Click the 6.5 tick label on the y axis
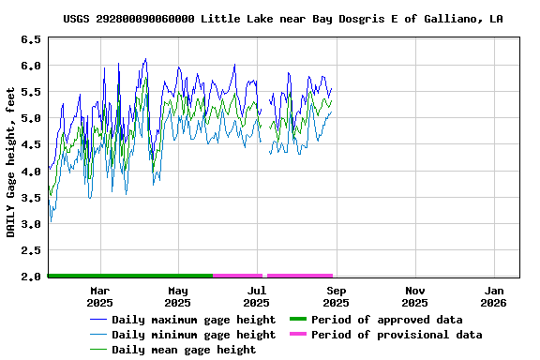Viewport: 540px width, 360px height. pyautogui.click(x=31, y=39)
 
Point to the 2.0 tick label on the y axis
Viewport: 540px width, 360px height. pyautogui.click(x=31, y=277)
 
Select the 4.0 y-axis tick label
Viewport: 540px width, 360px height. pyautogui.click(x=31, y=171)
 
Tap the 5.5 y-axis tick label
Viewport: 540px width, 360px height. pyautogui.click(x=31, y=92)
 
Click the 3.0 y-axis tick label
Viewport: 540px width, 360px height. pyautogui.click(x=31, y=224)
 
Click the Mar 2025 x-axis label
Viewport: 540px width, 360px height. pyautogui.click(x=99, y=296)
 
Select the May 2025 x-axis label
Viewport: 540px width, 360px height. pyautogui.click(x=178, y=296)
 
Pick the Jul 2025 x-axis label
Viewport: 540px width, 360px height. pyautogui.click(x=256, y=296)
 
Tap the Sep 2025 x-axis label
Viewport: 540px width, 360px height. pyautogui.click(x=336, y=296)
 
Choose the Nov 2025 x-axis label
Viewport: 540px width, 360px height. pyautogui.click(x=414, y=296)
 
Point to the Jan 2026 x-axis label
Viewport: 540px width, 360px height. pyautogui.click(x=493, y=296)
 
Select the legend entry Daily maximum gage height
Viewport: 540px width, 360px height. pyautogui.click(x=193, y=320)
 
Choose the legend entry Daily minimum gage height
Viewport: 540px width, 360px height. pyautogui.click(x=193, y=335)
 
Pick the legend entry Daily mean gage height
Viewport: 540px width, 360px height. pyautogui.click(x=184, y=350)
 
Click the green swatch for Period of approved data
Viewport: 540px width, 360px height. pyautogui.click(x=298, y=320)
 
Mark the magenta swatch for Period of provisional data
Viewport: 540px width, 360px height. pyautogui.click(x=298, y=335)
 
